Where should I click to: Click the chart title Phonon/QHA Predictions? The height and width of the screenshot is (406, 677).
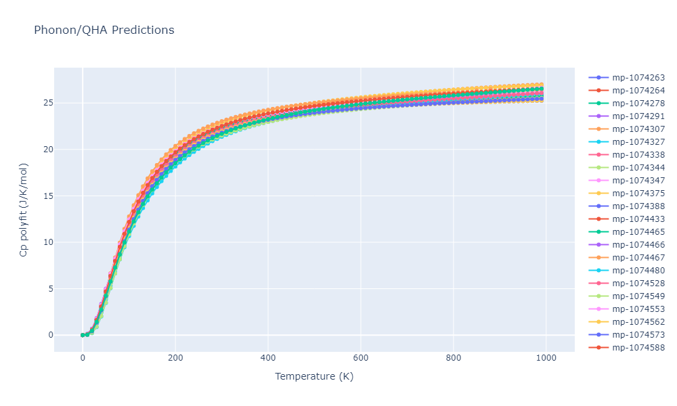[104, 30]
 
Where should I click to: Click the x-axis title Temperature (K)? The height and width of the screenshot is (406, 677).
[314, 376]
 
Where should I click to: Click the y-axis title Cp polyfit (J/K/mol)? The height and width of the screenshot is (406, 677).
[24, 210]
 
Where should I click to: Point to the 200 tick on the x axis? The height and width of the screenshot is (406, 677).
[175, 358]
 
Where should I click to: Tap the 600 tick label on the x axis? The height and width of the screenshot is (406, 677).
[361, 358]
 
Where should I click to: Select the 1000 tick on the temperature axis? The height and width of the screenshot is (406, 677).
[546, 358]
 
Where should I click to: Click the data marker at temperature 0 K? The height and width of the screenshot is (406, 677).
[83, 335]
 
